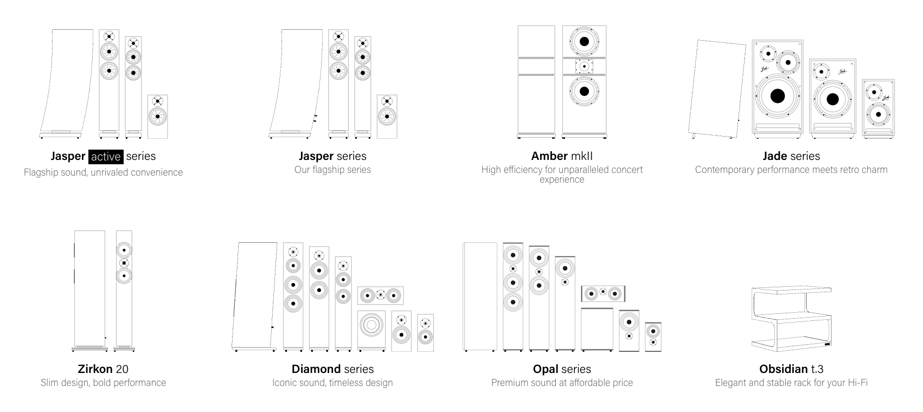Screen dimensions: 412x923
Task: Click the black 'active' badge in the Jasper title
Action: [x=106, y=156]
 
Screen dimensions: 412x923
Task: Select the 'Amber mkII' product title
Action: [x=562, y=156]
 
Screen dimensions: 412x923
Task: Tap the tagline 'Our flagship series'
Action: [x=332, y=170]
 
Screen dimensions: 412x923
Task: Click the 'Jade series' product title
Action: [x=791, y=156]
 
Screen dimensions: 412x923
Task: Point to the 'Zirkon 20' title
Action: [x=103, y=369]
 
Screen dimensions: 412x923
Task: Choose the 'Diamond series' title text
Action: [x=332, y=369]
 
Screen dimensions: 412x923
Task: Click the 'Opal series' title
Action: [x=562, y=369]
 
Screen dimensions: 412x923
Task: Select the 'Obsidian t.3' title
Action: [x=791, y=369]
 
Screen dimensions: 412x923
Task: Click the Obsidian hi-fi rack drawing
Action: [x=791, y=317]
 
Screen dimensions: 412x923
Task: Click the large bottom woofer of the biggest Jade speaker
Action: [x=777, y=96]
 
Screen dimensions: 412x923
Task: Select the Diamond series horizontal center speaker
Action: [x=380, y=295]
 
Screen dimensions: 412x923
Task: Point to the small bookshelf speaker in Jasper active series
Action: [x=157, y=116]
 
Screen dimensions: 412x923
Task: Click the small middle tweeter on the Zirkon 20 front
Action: [x=124, y=263]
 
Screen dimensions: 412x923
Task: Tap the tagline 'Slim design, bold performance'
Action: [x=103, y=383]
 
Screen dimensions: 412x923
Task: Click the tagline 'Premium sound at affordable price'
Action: [x=562, y=383]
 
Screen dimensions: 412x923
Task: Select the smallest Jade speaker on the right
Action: [x=878, y=108]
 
